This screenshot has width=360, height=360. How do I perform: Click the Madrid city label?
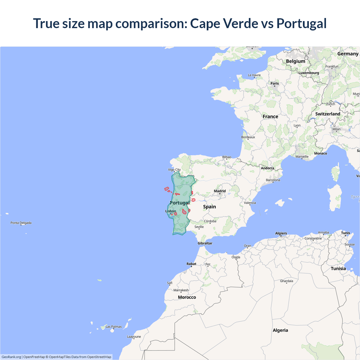[x=220, y=191]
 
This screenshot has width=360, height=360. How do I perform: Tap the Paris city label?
[x=274, y=83]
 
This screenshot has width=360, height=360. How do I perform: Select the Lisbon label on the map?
[x=170, y=211]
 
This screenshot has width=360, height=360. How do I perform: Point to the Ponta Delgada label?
[x=21, y=223]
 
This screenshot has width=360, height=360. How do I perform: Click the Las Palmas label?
[x=114, y=327]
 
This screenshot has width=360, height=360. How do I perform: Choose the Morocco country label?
[x=187, y=297]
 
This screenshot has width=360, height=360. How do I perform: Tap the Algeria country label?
[x=280, y=330]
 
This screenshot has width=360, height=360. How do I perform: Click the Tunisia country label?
[x=338, y=269]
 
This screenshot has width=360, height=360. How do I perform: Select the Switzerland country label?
[x=328, y=114]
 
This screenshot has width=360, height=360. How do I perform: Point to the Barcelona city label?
[x=273, y=180]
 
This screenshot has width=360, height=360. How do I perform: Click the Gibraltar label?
[x=205, y=243]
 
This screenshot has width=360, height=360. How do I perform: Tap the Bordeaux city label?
[x=248, y=137]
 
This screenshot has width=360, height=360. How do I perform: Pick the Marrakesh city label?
[x=181, y=290]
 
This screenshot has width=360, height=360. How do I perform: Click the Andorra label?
[x=267, y=168]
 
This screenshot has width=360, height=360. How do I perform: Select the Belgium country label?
[x=296, y=61]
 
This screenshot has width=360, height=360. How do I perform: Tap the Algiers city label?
[x=281, y=233]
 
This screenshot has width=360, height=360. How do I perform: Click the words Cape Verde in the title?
[x=224, y=23]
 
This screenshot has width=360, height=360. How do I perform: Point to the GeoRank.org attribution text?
[x=11, y=357]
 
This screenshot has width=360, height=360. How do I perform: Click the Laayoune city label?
[x=134, y=337]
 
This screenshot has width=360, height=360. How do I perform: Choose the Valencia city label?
[x=250, y=203]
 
